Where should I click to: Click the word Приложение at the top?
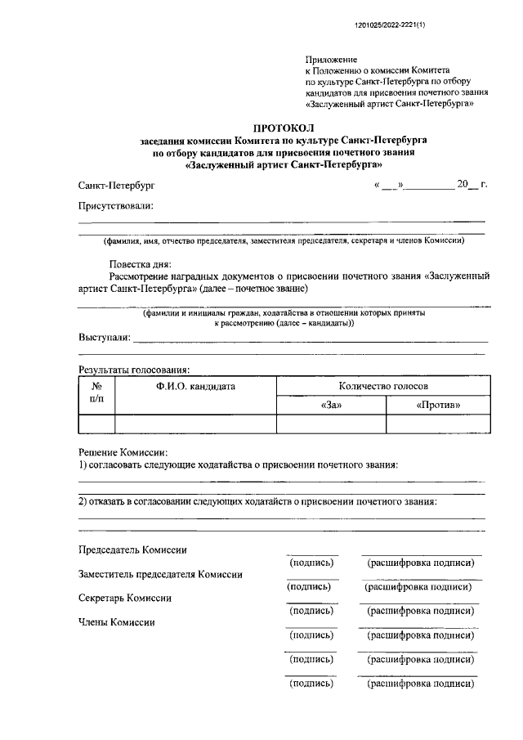point(331,60)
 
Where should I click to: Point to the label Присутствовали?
point(115,207)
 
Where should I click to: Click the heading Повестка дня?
point(140,264)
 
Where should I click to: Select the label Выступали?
point(104,337)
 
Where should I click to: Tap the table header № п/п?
point(96,393)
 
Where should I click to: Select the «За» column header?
point(331,405)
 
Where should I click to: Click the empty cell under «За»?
point(331,424)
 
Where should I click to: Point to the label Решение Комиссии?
point(123,452)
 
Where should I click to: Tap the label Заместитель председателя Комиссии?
point(160,574)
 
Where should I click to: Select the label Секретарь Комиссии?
point(125,598)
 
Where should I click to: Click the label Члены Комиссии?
point(116,622)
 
